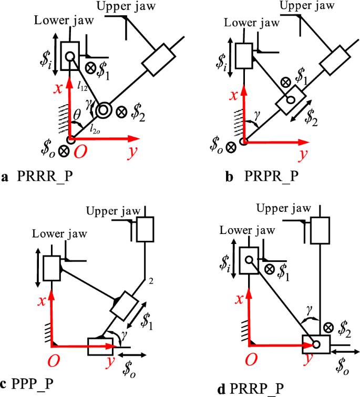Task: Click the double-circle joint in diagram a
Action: click(x=104, y=109)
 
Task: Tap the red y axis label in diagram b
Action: click(x=303, y=155)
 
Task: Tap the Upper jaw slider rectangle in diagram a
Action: click(x=158, y=61)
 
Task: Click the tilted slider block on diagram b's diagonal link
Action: click(x=291, y=100)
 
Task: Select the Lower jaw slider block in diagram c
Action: click(x=52, y=268)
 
